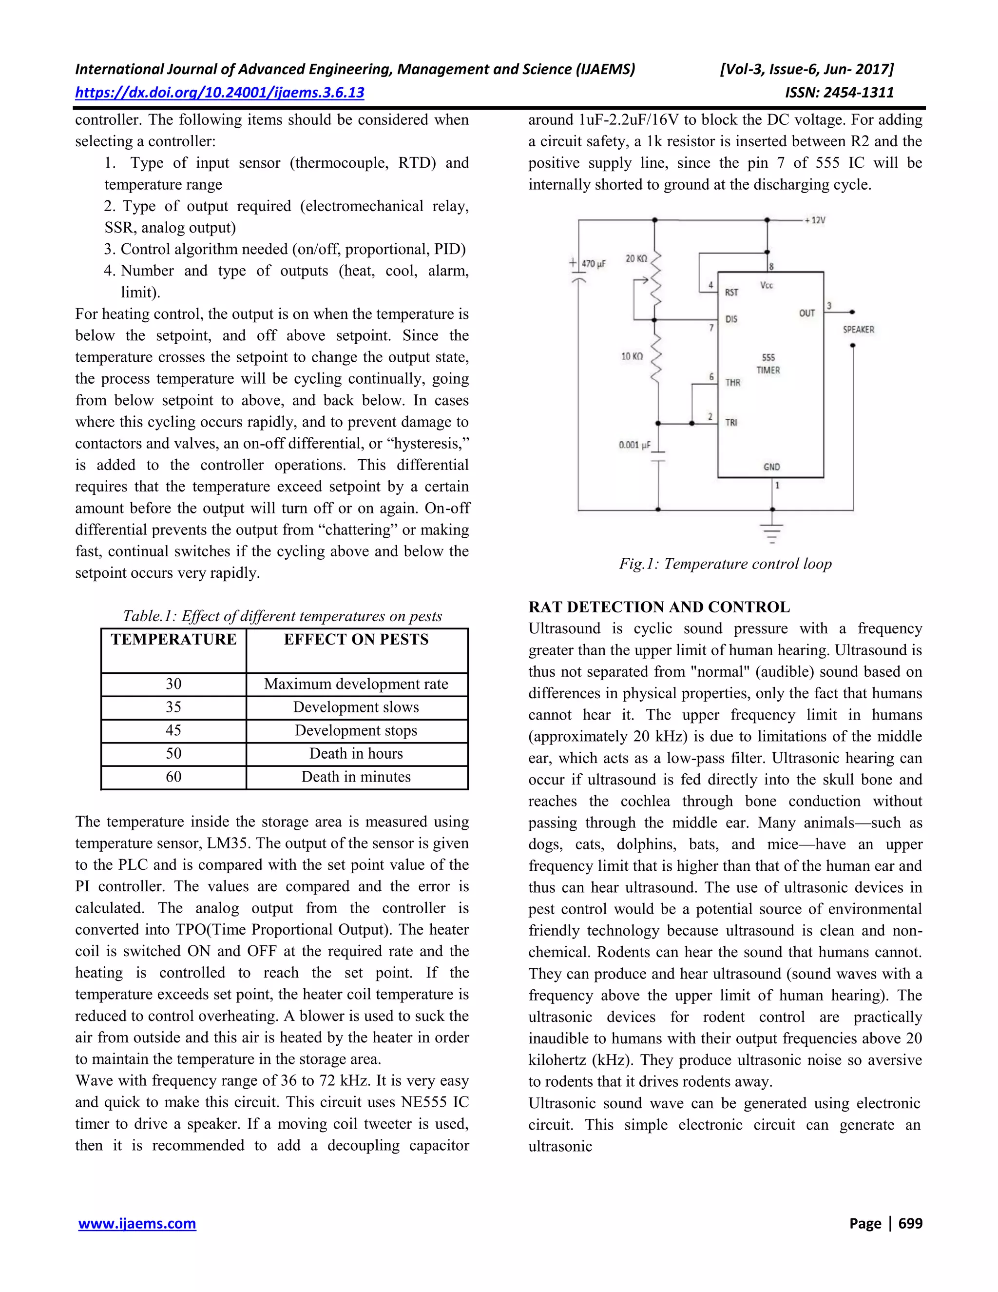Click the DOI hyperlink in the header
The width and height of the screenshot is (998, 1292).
[x=219, y=92]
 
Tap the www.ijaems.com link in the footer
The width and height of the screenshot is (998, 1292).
[x=136, y=1223]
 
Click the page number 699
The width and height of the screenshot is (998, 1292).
[x=910, y=1223]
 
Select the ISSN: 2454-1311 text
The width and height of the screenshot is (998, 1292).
[x=839, y=92]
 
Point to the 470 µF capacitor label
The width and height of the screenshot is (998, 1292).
[x=594, y=264]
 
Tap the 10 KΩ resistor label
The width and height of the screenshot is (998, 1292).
[x=632, y=356]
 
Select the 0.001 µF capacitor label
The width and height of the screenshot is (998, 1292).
[x=634, y=445]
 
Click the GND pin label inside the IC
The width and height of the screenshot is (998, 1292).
[x=771, y=467]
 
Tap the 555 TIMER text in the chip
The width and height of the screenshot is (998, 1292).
[x=768, y=364]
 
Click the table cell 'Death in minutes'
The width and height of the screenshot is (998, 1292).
[x=356, y=777]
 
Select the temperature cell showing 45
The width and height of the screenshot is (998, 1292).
[x=173, y=731]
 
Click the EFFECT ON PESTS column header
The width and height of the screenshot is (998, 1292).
[x=356, y=640]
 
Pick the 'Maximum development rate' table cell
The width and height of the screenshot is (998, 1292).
[x=356, y=684]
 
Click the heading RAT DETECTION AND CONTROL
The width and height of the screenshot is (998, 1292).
[x=659, y=607]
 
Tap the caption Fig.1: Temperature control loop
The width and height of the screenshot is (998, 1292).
[x=725, y=564]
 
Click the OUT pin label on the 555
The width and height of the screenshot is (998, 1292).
[x=806, y=313]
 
